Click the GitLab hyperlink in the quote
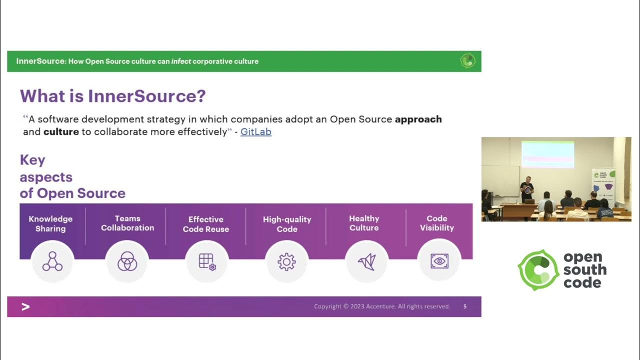click(x=255, y=132)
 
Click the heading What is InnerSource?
click(x=112, y=96)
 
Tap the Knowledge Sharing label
click(x=50, y=223)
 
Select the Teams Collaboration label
click(x=127, y=223)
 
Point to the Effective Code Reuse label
click(x=205, y=224)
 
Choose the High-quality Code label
click(x=287, y=224)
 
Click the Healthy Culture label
click(x=364, y=223)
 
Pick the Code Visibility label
click(x=436, y=223)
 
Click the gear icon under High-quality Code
click(x=286, y=261)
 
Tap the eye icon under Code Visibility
click(x=439, y=261)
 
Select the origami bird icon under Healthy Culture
click(x=366, y=261)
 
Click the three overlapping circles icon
click(x=127, y=261)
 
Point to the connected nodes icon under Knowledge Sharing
click(x=52, y=261)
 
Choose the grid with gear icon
click(x=207, y=261)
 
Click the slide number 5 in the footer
click(x=465, y=306)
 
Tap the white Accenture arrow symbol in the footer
click(x=25, y=306)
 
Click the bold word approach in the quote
click(x=418, y=119)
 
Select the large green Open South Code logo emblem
click(x=538, y=270)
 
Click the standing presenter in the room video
click(x=526, y=189)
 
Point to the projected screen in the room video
click(x=547, y=154)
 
